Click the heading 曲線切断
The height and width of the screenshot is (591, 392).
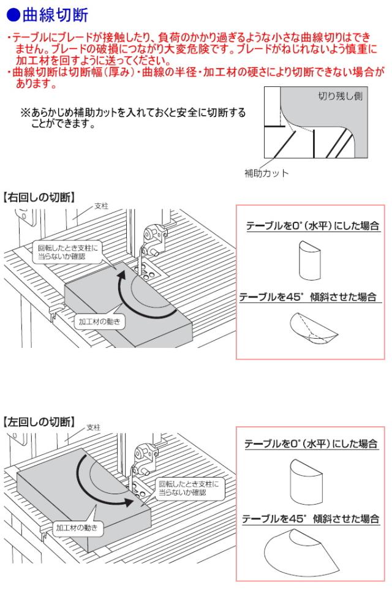55,15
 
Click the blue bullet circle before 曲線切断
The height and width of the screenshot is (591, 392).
13,15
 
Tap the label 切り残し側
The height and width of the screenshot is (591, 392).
340,96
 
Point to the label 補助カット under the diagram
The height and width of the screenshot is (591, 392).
266,173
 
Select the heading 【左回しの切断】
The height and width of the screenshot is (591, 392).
39,422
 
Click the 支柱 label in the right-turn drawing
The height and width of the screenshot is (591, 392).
101,206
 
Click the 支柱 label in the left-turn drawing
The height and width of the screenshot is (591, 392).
94,427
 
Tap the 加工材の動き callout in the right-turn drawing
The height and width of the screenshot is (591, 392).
99,322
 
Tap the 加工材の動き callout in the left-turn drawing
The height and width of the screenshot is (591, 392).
77,528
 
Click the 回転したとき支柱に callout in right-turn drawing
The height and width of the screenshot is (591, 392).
67,252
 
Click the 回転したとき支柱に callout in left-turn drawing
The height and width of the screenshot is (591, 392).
188,488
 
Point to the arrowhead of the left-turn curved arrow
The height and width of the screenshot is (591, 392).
127,502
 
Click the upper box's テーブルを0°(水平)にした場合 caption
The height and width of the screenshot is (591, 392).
312,226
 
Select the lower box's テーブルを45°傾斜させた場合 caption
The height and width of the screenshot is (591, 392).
311,519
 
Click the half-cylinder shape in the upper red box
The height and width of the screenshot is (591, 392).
310,260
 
